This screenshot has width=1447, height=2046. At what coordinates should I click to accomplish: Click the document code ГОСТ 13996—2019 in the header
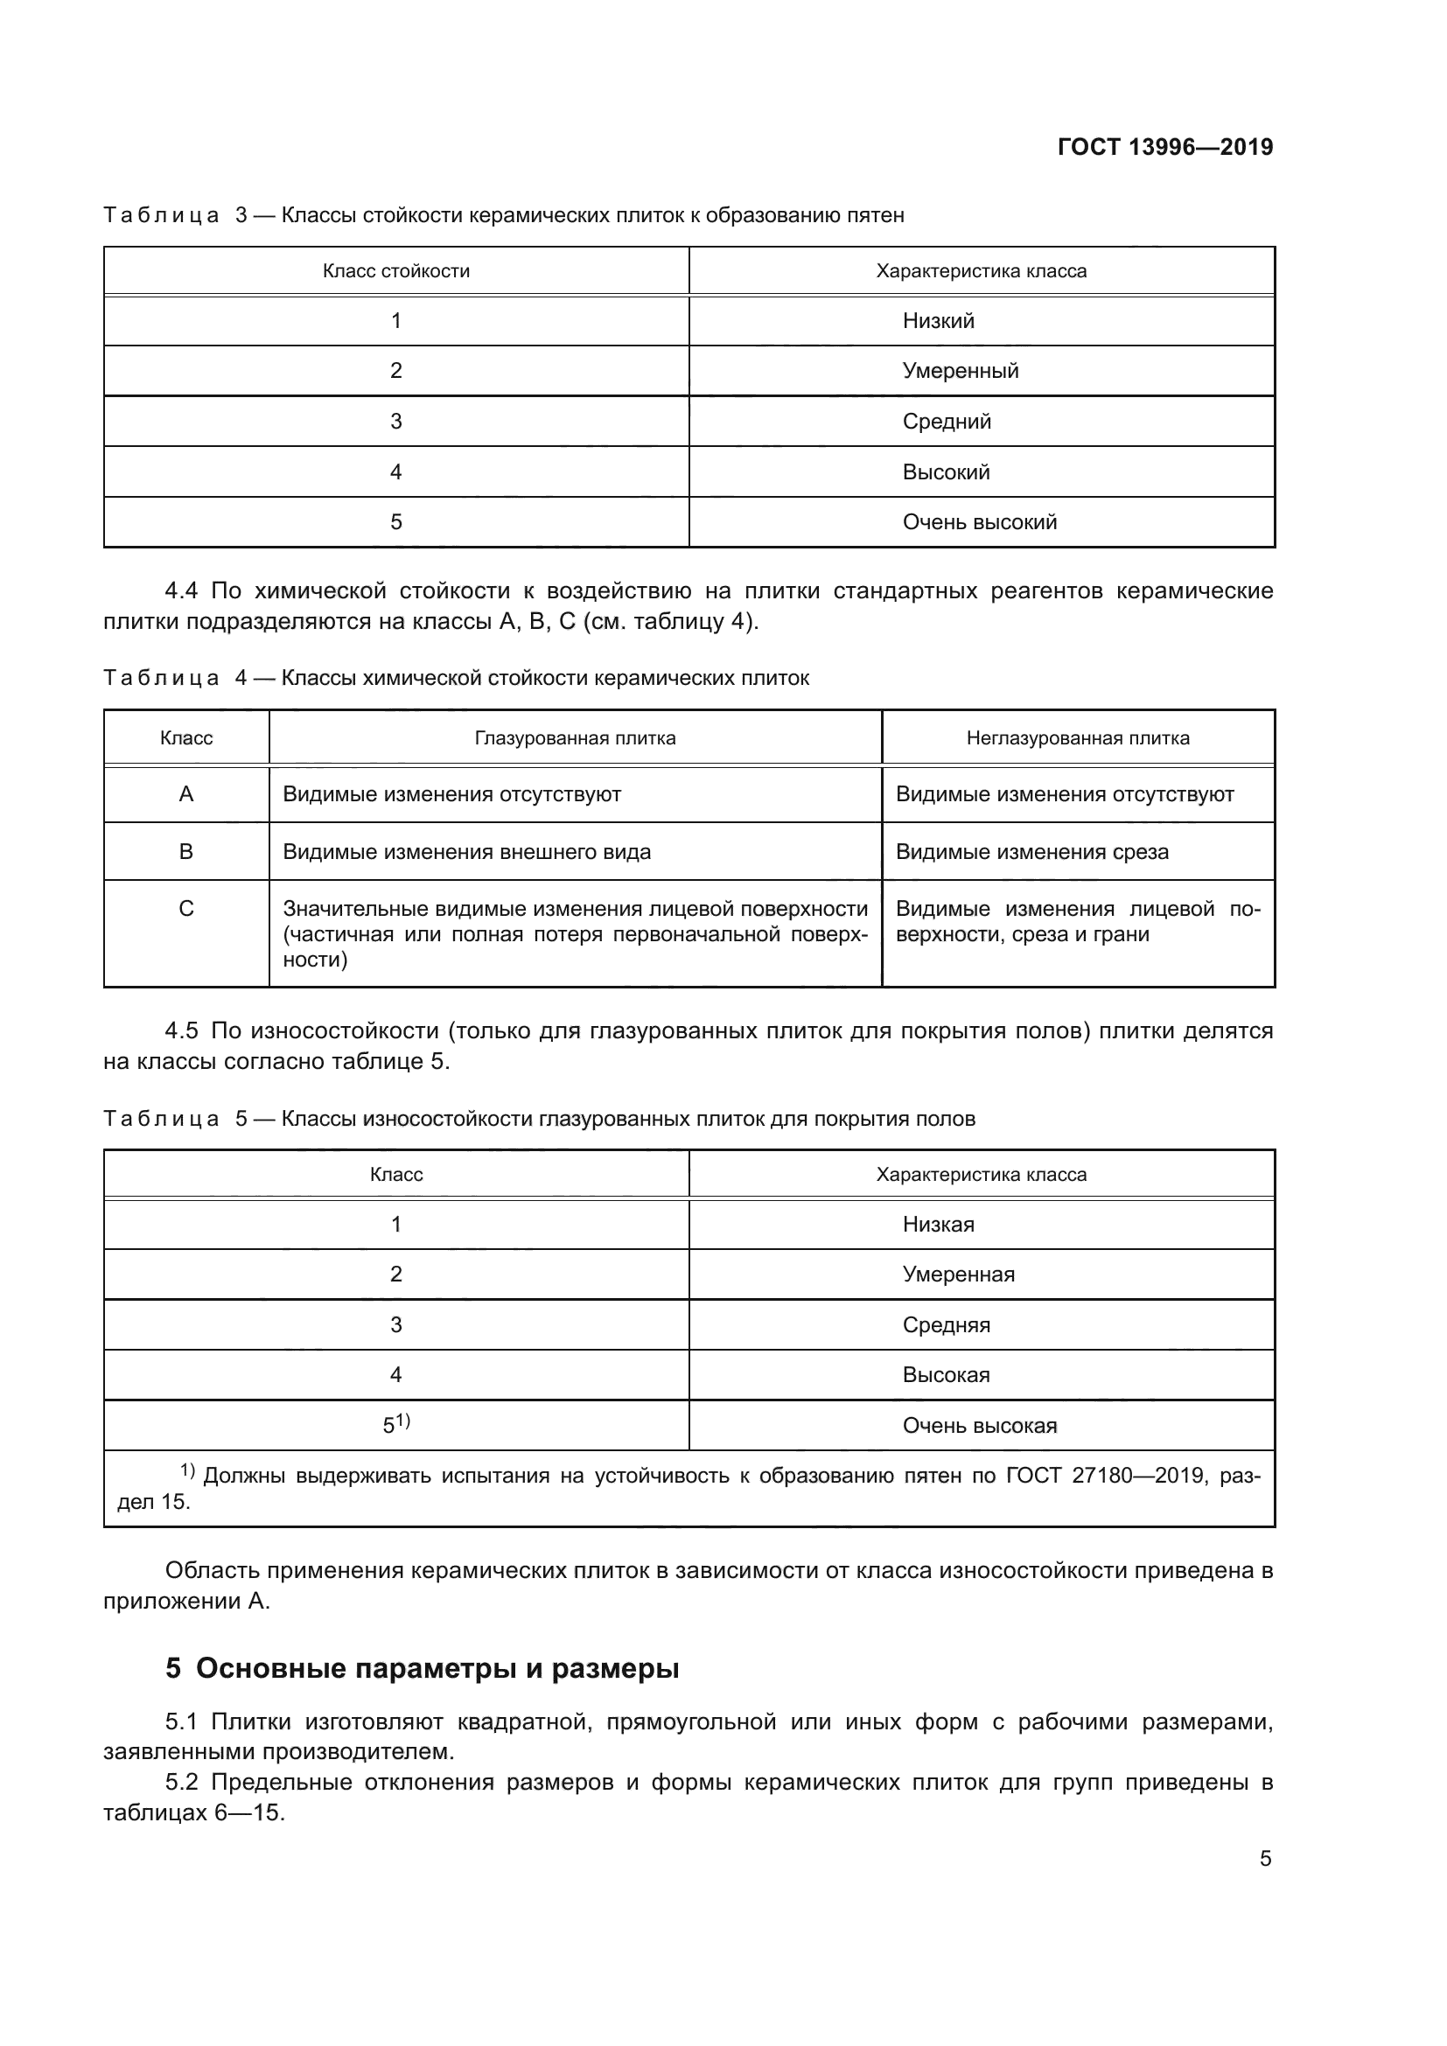click(1164, 147)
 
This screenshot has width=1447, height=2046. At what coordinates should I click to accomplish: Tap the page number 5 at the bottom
click(1265, 1858)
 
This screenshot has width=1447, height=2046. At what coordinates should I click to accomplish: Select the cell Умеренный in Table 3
click(960, 371)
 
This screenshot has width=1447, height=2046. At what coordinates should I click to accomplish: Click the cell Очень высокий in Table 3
click(979, 522)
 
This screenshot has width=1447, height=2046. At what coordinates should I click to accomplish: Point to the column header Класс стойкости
click(395, 271)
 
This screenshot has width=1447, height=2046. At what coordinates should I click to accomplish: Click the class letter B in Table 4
click(186, 851)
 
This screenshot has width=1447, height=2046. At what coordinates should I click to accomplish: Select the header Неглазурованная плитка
click(1077, 738)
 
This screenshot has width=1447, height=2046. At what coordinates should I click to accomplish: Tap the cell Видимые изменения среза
click(1031, 851)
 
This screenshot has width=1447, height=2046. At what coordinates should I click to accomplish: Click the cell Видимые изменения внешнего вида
click(466, 851)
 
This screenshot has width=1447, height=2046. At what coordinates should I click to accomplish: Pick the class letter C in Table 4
click(186, 908)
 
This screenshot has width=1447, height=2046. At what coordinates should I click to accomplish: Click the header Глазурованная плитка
click(575, 738)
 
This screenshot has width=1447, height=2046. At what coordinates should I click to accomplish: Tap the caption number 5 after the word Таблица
click(241, 1119)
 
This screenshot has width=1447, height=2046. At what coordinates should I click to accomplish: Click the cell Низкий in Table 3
click(937, 321)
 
